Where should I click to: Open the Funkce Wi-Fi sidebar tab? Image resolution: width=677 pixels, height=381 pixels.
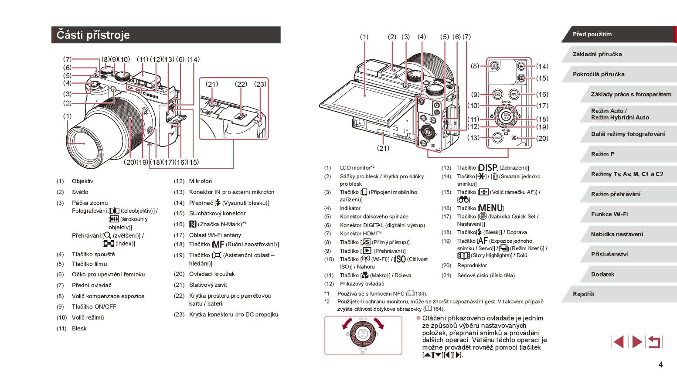tap(609, 214)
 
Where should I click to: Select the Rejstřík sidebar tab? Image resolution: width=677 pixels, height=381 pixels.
tap(583, 294)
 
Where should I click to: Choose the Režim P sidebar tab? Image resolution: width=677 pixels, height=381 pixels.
tap(602, 154)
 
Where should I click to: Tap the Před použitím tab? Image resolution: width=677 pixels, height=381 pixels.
tap(592, 34)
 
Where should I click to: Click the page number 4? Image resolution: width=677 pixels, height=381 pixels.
tap(660, 364)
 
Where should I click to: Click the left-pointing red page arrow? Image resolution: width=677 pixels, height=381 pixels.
tap(618, 342)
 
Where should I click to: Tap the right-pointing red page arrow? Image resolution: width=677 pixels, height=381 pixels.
tap(637, 342)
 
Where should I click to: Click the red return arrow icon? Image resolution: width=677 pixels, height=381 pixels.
tap(654, 342)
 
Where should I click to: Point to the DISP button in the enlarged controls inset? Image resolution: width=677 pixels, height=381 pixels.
tap(497, 138)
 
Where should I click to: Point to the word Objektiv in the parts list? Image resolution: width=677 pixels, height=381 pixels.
tap(82, 181)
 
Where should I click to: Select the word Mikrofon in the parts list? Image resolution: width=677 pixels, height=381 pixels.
tap(201, 181)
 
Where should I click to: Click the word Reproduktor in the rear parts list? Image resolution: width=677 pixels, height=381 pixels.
tap(472, 265)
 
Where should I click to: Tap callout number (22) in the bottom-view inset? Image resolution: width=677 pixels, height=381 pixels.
tap(241, 84)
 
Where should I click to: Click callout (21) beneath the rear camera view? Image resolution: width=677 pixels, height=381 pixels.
tap(383, 148)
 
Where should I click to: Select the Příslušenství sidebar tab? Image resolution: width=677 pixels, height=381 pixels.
tap(609, 254)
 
